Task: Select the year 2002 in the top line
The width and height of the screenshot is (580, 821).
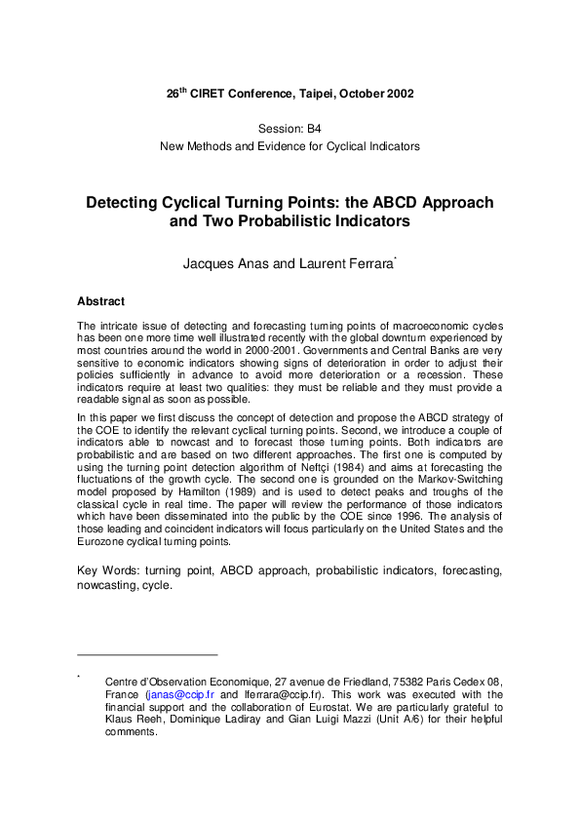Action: pos(397,95)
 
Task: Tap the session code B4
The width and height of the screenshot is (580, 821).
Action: pos(310,129)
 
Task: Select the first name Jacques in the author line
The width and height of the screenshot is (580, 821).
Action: pos(209,264)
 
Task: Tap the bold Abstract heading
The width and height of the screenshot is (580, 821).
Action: pos(100,301)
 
